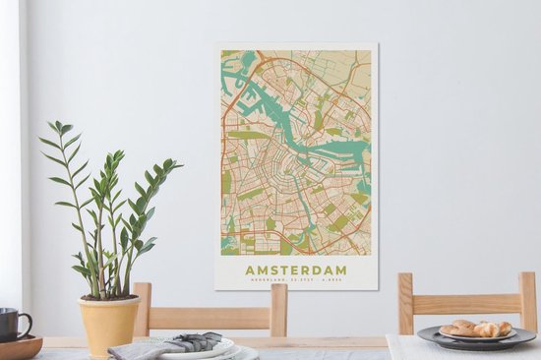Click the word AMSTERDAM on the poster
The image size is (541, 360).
[296, 270]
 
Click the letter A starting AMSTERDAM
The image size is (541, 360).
[250, 270]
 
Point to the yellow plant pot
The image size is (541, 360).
[108, 325]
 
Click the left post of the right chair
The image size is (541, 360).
[405, 304]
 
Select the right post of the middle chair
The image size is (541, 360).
[279, 310]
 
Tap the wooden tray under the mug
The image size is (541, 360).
[20, 347]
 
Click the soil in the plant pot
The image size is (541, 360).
[108, 297]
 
